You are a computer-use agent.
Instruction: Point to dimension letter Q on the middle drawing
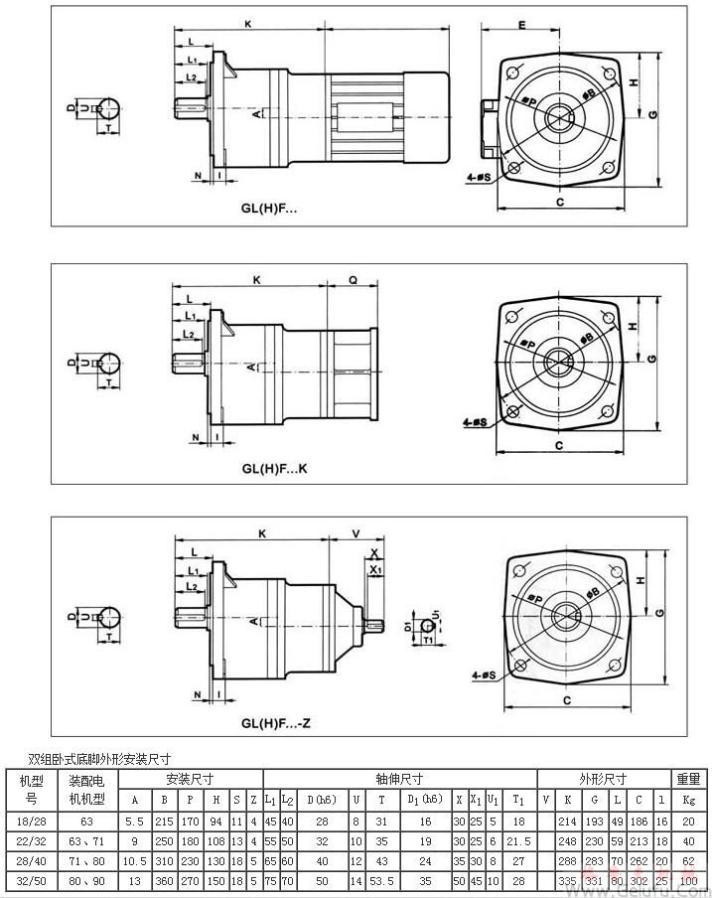tap(355, 280)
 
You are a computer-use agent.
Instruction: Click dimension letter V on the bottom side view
tap(355, 532)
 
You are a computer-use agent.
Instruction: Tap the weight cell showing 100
tap(687, 880)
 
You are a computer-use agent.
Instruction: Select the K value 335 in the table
tap(568, 880)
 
